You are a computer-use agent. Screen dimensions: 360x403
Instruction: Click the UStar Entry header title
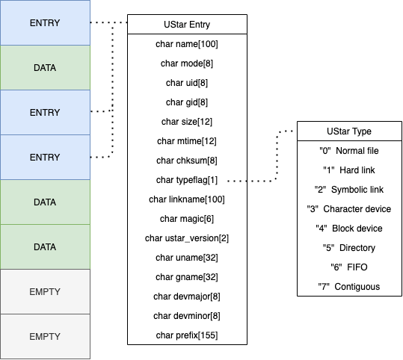coord(187,25)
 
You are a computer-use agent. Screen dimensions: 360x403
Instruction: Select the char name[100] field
coord(187,44)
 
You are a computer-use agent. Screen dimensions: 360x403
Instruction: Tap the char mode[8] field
coord(187,63)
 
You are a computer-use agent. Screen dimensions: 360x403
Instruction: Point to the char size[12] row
coord(187,121)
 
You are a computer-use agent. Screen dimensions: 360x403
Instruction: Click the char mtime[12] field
coord(187,140)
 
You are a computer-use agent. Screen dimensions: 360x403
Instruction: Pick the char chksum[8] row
coord(187,160)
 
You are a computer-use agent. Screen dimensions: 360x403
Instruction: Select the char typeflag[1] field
coord(187,179)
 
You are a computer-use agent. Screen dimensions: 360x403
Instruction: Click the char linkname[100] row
coord(187,199)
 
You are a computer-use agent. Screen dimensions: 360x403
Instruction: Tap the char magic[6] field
coord(187,218)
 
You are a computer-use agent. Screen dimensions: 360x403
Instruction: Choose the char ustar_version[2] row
coord(187,238)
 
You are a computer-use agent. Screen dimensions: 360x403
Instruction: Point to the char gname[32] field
coord(187,276)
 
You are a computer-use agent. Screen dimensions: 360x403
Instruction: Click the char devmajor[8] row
coord(187,296)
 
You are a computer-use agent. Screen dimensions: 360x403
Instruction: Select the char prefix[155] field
coord(187,335)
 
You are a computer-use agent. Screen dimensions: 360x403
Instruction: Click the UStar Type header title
coord(345,131)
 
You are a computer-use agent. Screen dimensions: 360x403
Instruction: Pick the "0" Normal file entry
coord(345,151)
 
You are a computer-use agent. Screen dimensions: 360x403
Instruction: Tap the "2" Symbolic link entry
coord(345,190)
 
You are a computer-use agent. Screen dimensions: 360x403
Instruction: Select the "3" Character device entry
coord(345,209)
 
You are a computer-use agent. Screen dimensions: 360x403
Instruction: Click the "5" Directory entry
coord(345,248)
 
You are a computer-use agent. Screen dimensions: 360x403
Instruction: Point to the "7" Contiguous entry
coord(345,287)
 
